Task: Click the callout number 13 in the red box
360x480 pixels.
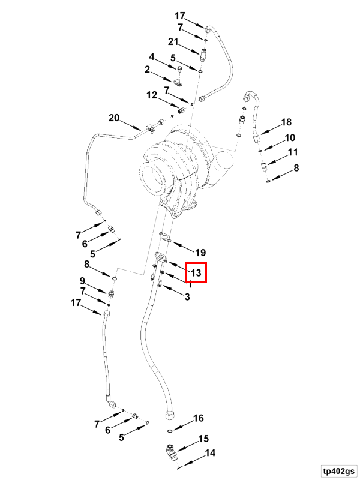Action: pyautogui.click(x=196, y=272)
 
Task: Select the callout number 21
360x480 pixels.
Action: pyautogui.click(x=173, y=41)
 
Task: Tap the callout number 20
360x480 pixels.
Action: pyautogui.click(x=114, y=118)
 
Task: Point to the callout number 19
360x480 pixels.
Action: pyautogui.click(x=200, y=253)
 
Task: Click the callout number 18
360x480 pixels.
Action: pyautogui.click(x=286, y=122)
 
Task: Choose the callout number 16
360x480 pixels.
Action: pyautogui.click(x=199, y=418)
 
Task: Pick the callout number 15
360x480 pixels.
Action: pyautogui.click(x=203, y=439)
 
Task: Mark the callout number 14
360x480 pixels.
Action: pyautogui.click(x=210, y=452)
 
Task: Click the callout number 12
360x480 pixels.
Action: pyautogui.click(x=152, y=95)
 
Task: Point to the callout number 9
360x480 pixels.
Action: pyautogui.click(x=82, y=281)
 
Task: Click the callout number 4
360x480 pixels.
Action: pyautogui.click(x=152, y=56)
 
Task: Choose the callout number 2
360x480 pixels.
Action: pyautogui.click(x=147, y=70)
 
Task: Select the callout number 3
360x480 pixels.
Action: pyautogui.click(x=187, y=296)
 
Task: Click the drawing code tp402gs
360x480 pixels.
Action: pyautogui.click(x=338, y=471)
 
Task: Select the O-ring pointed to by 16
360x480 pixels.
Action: pyautogui.click(x=170, y=431)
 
